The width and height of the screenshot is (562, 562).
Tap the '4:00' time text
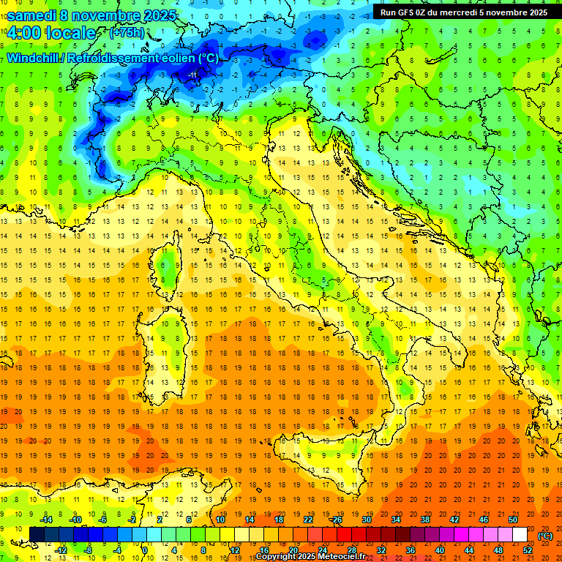[25, 33]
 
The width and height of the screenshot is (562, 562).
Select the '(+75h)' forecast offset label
[127, 33]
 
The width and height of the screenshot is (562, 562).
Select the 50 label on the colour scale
[513, 520]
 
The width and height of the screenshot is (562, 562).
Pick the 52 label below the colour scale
[528, 550]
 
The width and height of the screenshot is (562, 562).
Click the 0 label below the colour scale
[146, 550]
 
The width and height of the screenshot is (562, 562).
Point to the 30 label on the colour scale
[367, 520]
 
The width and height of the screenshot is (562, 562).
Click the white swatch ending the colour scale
[520, 534]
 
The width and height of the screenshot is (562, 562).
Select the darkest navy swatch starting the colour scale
[37, 534]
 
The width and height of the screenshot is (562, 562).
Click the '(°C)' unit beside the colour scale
[545, 536]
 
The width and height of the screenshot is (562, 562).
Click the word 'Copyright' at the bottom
[276, 557]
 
